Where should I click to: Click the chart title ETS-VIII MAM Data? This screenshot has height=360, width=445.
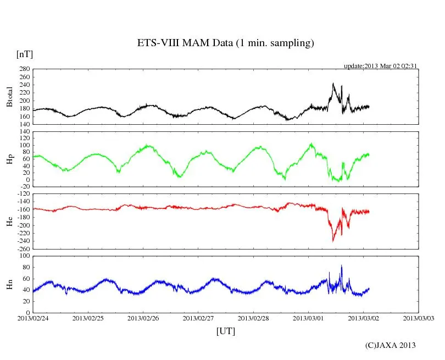[225, 43]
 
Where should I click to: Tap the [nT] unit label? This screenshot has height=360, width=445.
[24, 54]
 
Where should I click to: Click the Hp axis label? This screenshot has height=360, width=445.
[9, 159]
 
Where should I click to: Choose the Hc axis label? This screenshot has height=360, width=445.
[9, 221]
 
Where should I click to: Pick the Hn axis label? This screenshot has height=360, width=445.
[9, 284]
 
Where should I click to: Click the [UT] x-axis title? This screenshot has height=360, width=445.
[226, 331]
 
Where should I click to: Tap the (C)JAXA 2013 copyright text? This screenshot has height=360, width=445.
[391, 345]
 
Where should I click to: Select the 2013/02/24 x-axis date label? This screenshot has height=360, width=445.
[33, 318]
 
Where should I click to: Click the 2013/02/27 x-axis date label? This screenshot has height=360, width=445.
[198, 318]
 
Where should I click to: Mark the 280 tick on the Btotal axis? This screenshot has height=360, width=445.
[24, 69]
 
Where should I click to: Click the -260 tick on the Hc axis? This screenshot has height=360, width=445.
[22, 248]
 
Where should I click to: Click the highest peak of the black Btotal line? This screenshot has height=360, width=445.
[333, 84]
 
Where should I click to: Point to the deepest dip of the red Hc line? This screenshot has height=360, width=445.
[333, 241]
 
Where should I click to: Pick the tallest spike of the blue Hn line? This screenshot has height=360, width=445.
[341, 266]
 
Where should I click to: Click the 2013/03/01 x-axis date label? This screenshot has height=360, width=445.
[308, 318]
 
